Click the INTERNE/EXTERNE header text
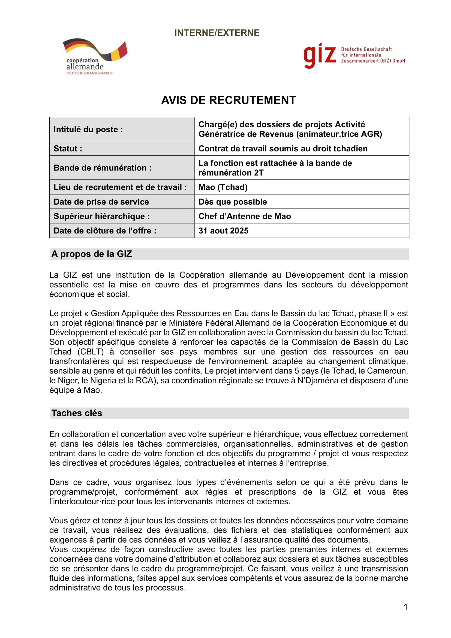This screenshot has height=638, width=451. [217, 33]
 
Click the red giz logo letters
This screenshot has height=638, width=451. [319, 55]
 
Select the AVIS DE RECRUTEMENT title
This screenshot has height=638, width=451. [228, 100]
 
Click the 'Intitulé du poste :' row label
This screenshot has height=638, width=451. [88, 130]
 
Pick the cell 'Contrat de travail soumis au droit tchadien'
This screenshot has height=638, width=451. [283, 149]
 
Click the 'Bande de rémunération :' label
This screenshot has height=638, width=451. [103, 168]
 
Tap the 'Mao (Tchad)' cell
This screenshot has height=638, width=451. [223, 187]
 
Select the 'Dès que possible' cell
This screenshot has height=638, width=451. [232, 202]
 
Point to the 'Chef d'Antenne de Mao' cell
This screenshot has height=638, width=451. [244, 216]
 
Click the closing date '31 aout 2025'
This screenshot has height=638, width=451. [223, 231]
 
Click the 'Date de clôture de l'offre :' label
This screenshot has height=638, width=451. [105, 231]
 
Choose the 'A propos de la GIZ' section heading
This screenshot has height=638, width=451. [91, 254]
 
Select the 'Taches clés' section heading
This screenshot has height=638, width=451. [77, 413]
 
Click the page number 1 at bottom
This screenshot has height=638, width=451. [405, 607]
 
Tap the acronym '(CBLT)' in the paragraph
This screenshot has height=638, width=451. [90, 352]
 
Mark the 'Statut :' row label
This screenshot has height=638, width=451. [68, 149]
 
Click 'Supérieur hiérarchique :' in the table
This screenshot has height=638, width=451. [102, 216]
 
